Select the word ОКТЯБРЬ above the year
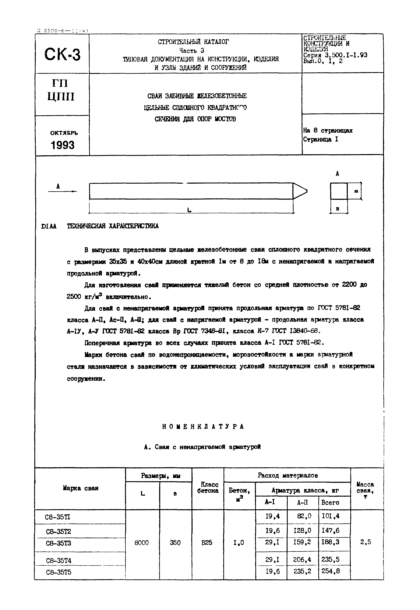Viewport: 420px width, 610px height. pos(64,133)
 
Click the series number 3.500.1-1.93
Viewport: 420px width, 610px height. pos(346,55)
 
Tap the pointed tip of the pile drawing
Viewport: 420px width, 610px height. pos(305,191)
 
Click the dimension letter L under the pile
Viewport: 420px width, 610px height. pos(189,210)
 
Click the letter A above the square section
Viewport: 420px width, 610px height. pos(337,173)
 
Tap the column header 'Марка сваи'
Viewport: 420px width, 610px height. pos(81,488)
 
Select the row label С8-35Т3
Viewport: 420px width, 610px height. pos(59,543)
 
